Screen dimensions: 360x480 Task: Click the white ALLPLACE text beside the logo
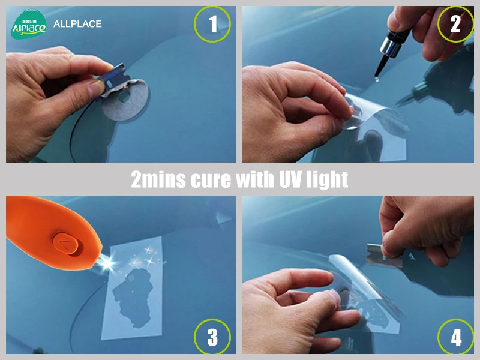[x=77, y=24]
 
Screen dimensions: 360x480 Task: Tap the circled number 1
[x=212, y=24]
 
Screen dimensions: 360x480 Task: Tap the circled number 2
[x=455, y=24]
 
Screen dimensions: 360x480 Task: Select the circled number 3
[x=212, y=337]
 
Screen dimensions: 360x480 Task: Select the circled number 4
[x=455, y=337]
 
